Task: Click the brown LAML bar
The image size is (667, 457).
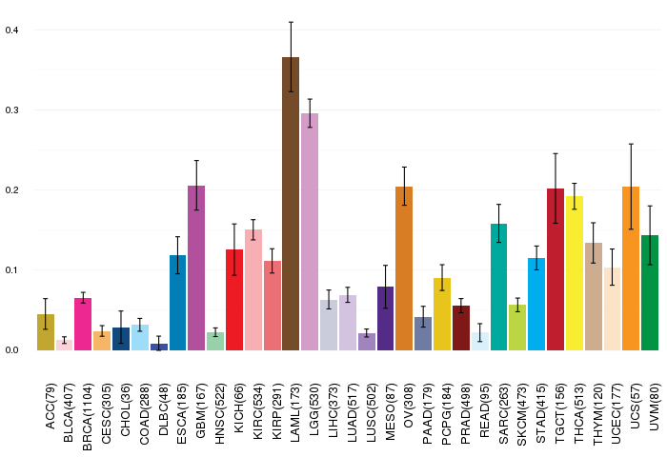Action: [x=291, y=204]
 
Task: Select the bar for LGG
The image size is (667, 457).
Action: [x=310, y=231]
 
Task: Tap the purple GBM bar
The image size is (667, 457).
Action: [x=196, y=268]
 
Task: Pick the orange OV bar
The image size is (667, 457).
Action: [x=404, y=268]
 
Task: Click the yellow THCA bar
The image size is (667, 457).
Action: [x=575, y=273]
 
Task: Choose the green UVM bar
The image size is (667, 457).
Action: [x=650, y=292]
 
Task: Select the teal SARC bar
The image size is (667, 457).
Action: [x=498, y=287]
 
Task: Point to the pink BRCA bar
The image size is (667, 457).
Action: [x=83, y=324]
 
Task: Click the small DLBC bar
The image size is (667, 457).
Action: [x=159, y=347]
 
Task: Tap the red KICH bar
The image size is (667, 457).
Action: [x=234, y=300]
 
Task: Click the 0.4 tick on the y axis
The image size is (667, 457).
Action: [x=11, y=30]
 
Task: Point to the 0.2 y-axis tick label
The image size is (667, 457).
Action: [x=11, y=190]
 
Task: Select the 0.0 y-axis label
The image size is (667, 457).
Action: [x=11, y=349]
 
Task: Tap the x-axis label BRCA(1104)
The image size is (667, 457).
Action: [x=88, y=417]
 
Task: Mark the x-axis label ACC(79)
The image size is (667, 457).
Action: [x=50, y=407]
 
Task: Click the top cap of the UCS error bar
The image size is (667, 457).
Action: [x=631, y=144]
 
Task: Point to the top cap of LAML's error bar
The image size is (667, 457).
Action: [x=291, y=22]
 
